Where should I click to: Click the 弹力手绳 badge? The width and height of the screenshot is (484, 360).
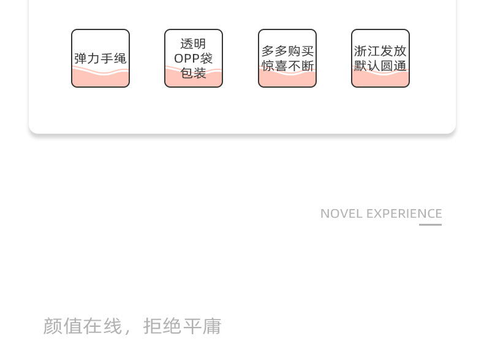(x=100, y=58)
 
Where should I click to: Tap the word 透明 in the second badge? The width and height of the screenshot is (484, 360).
(x=194, y=44)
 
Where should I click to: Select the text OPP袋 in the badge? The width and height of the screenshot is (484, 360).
(x=194, y=58)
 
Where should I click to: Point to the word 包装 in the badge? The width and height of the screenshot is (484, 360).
(x=194, y=73)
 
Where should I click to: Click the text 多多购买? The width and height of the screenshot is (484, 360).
(x=287, y=52)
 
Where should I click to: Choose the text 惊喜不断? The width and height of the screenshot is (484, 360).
(x=287, y=66)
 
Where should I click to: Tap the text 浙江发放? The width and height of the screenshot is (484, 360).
(x=380, y=52)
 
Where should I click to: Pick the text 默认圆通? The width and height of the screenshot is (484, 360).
(x=380, y=66)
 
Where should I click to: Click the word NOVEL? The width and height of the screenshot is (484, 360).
(x=341, y=213)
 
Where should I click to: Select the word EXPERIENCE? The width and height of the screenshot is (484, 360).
(x=404, y=213)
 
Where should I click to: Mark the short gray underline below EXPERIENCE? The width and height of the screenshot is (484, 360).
(x=430, y=224)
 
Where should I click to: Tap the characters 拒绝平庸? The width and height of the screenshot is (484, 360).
(x=182, y=326)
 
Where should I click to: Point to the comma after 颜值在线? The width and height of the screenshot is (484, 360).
(x=128, y=330)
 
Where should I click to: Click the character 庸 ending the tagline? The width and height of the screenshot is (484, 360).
(x=212, y=326)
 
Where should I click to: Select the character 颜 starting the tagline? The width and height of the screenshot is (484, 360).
(x=53, y=326)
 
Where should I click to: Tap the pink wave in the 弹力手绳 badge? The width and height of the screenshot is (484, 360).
(x=100, y=77)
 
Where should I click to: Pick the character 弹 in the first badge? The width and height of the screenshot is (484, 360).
(x=80, y=58)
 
